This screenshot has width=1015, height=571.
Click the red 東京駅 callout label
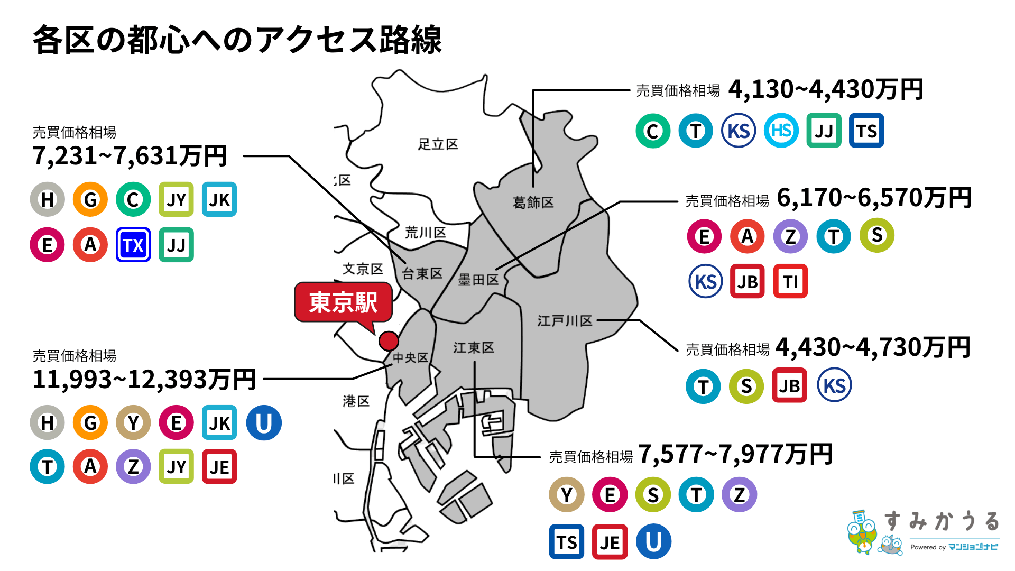click(343, 302)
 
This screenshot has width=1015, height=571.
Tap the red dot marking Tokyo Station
click(389, 341)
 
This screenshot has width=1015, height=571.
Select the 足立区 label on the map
click(438, 144)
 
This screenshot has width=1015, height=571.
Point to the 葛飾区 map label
click(533, 202)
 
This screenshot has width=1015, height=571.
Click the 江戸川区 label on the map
click(565, 321)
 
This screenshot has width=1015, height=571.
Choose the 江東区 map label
click(473, 347)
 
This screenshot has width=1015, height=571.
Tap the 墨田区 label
click(478, 280)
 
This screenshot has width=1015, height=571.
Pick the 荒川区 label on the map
click(425, 232)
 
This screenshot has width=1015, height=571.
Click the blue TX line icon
click(133, 245)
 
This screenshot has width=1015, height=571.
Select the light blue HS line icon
click(781, 131)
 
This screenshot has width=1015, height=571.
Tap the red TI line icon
click(790, 281)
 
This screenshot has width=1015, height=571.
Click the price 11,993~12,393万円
click(144, 379)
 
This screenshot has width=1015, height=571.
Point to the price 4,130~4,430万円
click(825, 89)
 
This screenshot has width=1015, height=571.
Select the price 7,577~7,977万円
click(735, 454)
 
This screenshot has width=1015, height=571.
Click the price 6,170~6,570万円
click(873, 198)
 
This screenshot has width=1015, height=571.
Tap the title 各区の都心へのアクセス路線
click(237, 40)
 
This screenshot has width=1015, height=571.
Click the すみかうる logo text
click(942, 522)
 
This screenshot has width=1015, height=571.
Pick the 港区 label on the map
click(356, 401)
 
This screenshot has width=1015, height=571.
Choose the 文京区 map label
click(363, 269)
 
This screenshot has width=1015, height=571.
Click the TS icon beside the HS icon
click(866, 131)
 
